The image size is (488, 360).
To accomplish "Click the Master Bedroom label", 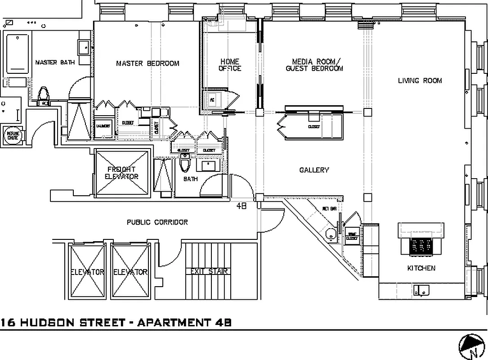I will pos(148,63).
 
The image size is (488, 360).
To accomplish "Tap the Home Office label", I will pos(230,65).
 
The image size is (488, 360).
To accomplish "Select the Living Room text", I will pos(420,81).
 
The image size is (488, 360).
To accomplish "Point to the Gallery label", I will pos(314,170).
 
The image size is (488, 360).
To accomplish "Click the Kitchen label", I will pos(421,268).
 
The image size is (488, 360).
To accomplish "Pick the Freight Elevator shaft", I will pos(122,173).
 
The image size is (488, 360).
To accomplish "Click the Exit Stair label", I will pos(207,271).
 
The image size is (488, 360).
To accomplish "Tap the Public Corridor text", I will pos(157,222).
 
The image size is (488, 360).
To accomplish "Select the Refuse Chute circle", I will pos(12,135).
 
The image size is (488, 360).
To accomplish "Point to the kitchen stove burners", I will pos(421,246).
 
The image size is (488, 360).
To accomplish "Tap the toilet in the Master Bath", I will pos(44,94).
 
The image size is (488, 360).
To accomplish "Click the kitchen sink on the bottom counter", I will pos(421,289).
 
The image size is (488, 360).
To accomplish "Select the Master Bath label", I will pos(55,62).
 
